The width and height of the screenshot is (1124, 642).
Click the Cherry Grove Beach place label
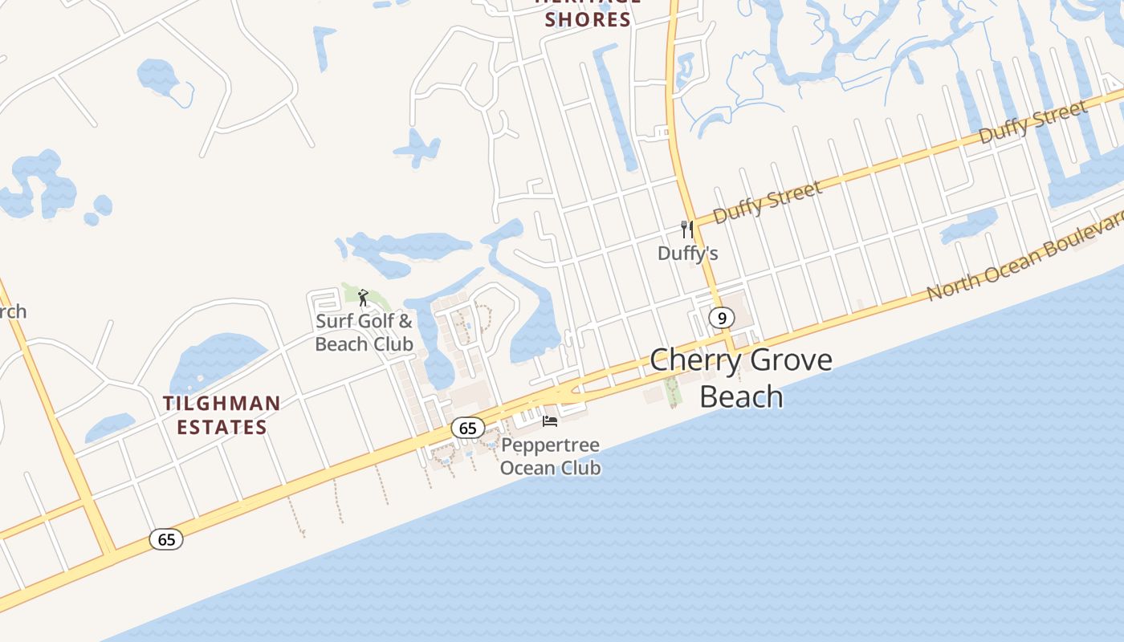point(740,377)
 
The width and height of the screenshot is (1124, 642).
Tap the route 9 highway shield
point(722,319)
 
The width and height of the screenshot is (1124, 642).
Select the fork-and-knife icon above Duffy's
point(686,230)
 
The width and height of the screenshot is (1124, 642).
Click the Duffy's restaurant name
point(687,254)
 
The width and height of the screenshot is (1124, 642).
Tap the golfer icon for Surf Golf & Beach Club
point(363,298)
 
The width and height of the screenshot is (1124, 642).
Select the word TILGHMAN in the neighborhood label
point(222,403)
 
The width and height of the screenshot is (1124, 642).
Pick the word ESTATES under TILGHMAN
point(222,427)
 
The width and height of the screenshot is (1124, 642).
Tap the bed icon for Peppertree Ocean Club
point(550,421)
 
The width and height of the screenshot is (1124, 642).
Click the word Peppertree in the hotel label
point(551,445)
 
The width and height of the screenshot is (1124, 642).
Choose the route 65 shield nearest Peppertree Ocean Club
point(467,428)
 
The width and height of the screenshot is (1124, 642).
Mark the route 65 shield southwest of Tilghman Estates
point(166,539)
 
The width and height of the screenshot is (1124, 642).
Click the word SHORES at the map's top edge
point(588,20)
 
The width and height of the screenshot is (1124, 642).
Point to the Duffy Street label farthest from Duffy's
point(1032,123)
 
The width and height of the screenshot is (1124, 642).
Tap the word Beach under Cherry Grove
point(741,396)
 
